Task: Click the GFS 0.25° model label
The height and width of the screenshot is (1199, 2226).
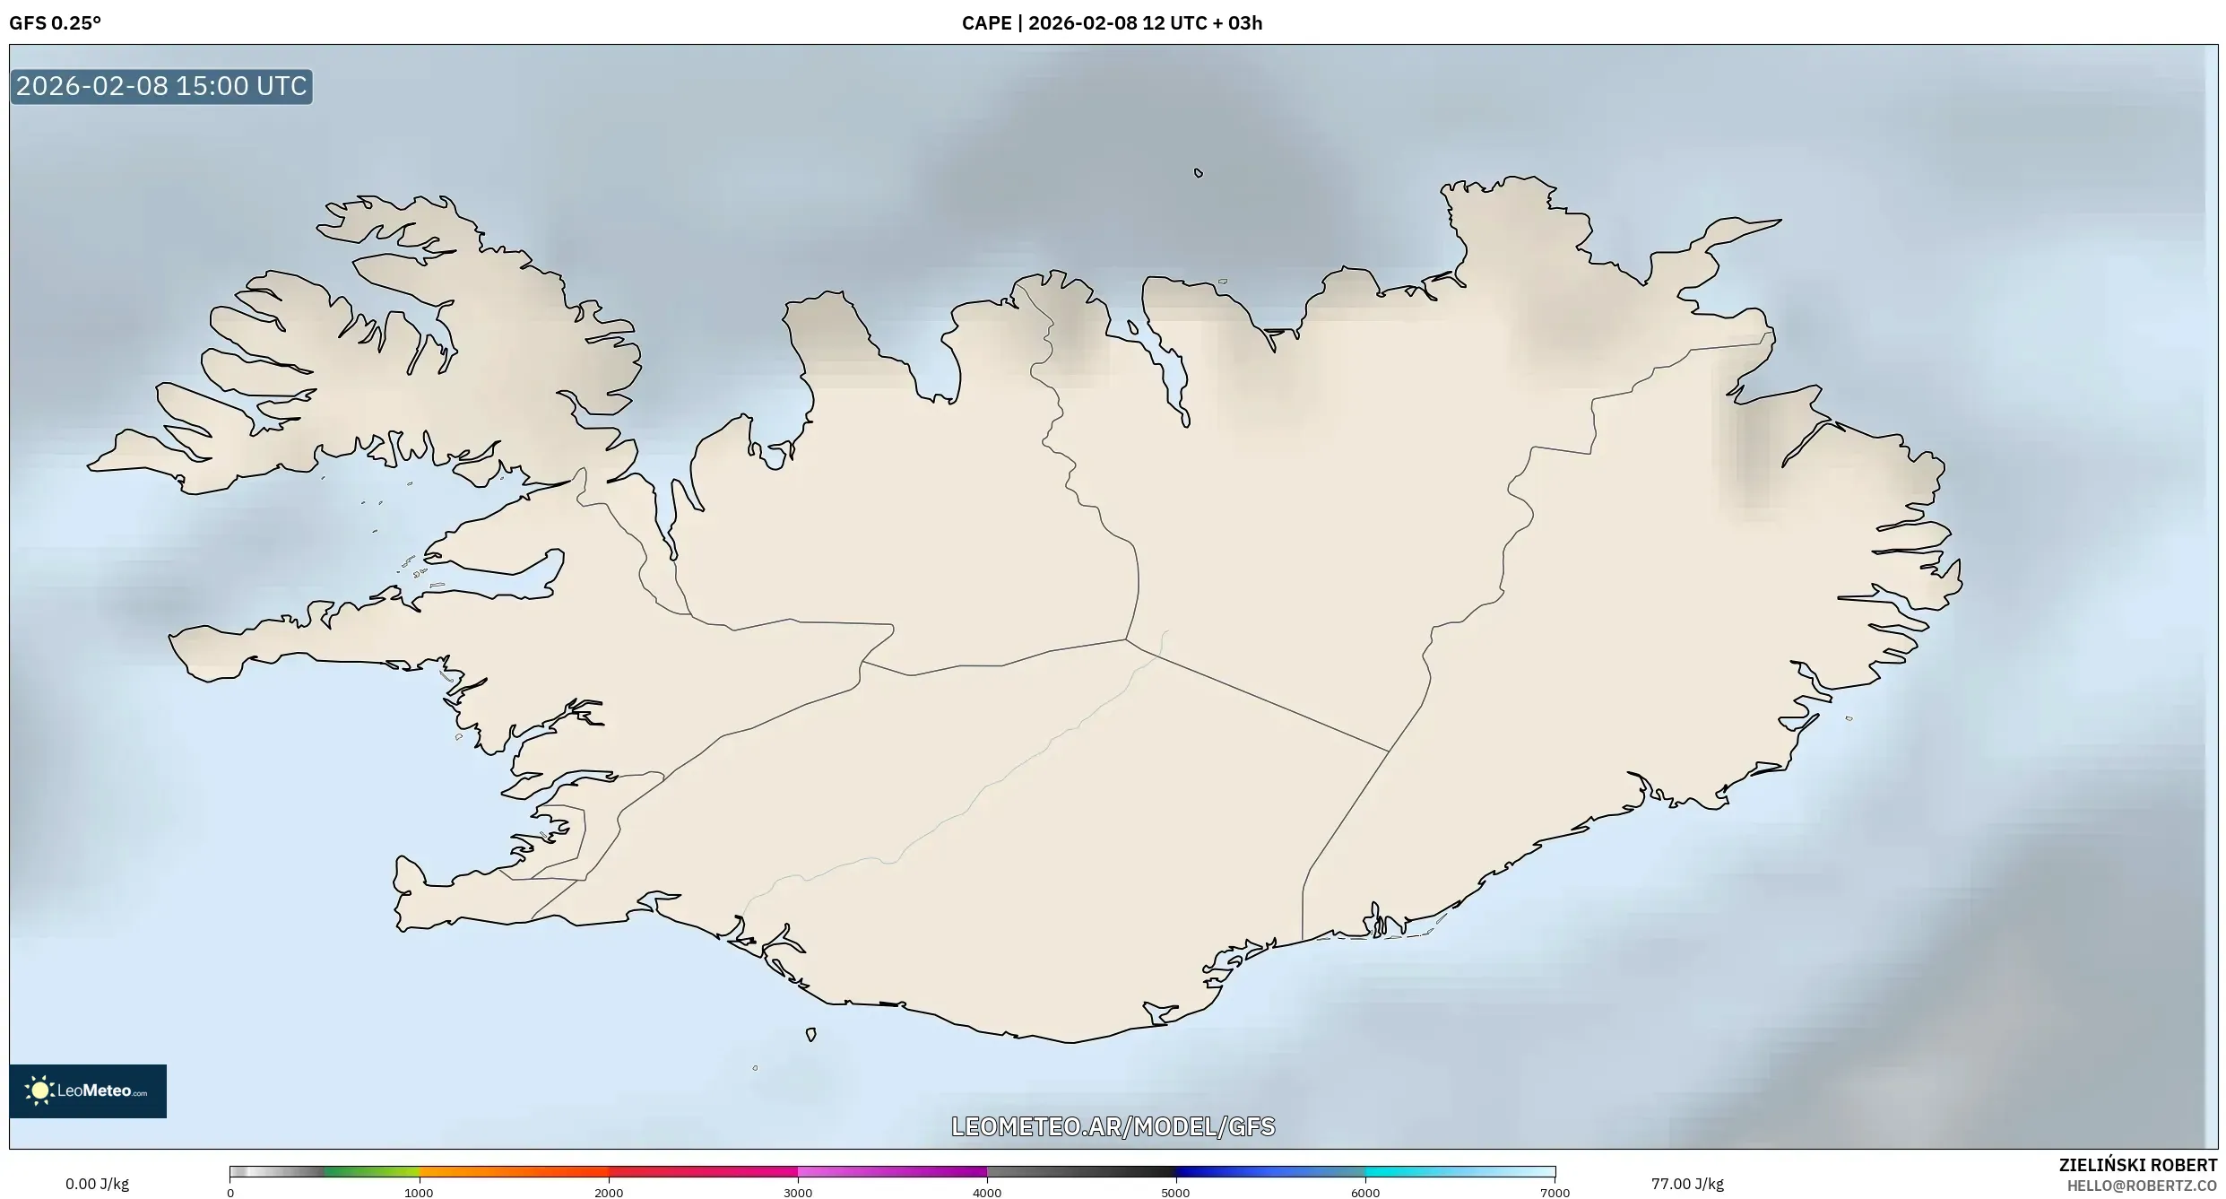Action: (55, 23)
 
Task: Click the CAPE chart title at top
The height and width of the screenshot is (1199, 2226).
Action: (1112, 23)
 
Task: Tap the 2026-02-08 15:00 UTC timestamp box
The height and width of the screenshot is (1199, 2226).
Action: (161, 86)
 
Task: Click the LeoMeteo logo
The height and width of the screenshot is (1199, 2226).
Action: (88, 1090)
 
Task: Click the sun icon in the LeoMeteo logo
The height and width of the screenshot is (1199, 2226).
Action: (39, 1090)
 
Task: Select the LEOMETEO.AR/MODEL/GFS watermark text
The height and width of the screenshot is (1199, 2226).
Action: (1113, 1126)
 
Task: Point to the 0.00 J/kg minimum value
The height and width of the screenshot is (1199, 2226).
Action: (97, 1184)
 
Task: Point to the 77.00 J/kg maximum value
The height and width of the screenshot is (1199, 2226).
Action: (1687, 1184)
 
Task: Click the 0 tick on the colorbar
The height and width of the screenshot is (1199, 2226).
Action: (230, 1193)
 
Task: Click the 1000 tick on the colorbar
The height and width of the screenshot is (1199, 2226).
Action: (419, 1193)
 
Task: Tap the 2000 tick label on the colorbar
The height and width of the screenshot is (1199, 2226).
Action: (609, 1193)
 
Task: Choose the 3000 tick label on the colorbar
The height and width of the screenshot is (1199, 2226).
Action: (798, 1193)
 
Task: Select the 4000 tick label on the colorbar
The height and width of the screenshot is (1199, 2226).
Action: (987, 1193)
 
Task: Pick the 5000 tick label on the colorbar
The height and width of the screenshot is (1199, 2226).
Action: (1175, 1193)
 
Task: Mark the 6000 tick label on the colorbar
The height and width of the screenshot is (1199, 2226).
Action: (1365, 1193)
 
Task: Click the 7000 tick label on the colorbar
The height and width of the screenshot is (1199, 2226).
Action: (1555, 1193)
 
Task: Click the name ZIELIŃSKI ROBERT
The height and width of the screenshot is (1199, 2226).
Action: (2138, 1165)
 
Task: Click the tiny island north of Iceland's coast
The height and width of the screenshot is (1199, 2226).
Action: (1199, 173)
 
